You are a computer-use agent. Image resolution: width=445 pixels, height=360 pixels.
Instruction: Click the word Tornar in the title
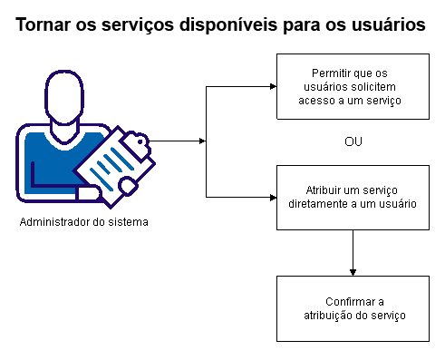pos(44,27)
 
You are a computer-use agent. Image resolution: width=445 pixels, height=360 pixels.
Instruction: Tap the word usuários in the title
pos(384,27)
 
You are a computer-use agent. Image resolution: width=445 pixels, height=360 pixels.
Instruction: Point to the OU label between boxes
pos(353,142)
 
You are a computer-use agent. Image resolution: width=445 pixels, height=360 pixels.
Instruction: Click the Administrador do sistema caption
pos(83,221)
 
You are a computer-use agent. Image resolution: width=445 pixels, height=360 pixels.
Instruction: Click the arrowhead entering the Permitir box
pos(271,87)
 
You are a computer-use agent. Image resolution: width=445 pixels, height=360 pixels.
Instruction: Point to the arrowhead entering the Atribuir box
pos(271,197)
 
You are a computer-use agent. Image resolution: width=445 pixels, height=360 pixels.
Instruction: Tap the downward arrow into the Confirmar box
pos(353,271)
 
